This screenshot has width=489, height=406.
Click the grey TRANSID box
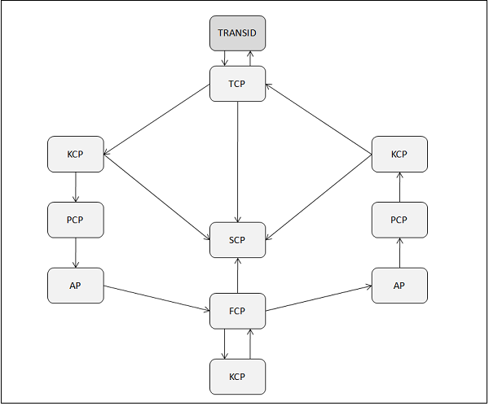[237, 33]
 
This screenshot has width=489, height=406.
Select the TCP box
[237, 84]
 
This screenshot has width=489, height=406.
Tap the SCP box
[237, 239]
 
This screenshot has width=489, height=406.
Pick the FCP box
[237, 311]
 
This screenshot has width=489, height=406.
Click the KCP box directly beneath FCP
[237, 377]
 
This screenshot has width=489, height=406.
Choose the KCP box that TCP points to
[76, 154]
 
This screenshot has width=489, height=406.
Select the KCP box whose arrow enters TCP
[399, 154]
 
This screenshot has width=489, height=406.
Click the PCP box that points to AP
[76, 220]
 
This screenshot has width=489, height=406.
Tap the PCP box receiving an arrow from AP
[399, 220]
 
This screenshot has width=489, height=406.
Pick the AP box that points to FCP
[76, 286]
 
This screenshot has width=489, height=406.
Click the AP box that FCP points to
[399, 286]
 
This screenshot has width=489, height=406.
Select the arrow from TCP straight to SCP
[237, 163]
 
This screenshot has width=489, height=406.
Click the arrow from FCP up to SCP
[237, 275]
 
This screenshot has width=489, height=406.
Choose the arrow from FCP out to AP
[319, 298]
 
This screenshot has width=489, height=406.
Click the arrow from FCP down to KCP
[225, 344]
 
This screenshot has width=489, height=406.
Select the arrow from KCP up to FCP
[250, 344]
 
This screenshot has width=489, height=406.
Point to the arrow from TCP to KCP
[156, 119]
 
